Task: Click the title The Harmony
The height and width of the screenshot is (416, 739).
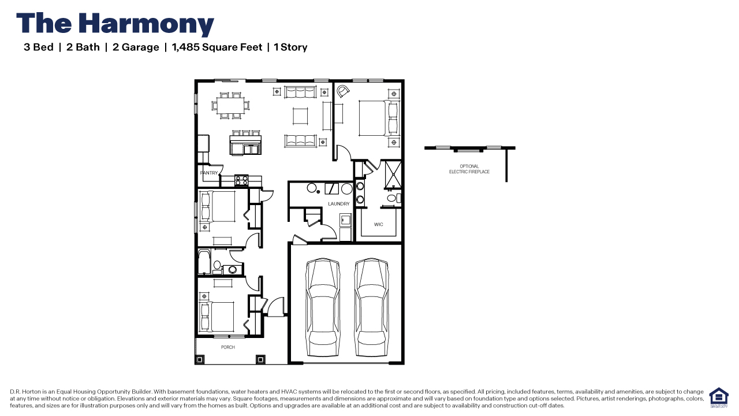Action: click(115, 24)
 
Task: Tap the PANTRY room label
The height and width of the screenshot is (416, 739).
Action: click(209, 173)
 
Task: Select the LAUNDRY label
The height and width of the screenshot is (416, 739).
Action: click(339, 204)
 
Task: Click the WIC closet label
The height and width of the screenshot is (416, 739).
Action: click(378, 224)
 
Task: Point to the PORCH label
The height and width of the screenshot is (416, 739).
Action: click(228, 347)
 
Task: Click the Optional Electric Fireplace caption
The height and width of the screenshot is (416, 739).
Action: click(469, 169)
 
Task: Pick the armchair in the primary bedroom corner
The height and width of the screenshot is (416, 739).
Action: click(344, 91)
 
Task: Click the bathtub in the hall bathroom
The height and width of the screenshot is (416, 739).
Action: click(204, 262)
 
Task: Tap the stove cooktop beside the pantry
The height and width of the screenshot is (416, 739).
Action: click(241, 180)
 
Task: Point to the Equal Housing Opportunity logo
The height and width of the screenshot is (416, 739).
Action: click(719, 398)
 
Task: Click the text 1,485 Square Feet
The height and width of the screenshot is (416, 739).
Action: click(217, 47)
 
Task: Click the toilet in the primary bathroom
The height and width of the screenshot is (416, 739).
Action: click(392, 199)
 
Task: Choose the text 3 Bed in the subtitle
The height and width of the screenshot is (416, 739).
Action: click(38, 47)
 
